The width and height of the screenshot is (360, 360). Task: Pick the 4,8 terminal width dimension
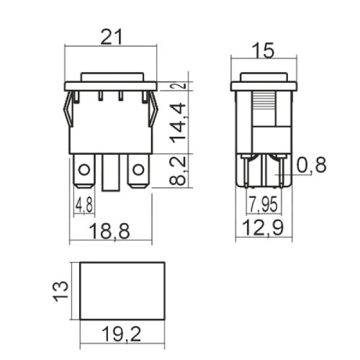84,206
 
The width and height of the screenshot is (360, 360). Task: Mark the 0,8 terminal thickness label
311,166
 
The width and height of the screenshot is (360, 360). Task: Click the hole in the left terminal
84,171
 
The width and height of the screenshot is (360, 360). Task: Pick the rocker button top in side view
264,76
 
